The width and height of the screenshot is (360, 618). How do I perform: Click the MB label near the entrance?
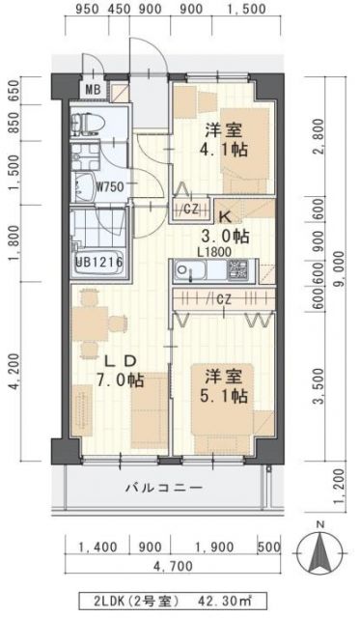coord(92,91)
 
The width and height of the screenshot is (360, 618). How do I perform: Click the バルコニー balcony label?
coord(163,488)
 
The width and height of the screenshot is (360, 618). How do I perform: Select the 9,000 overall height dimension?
coord(341,274)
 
